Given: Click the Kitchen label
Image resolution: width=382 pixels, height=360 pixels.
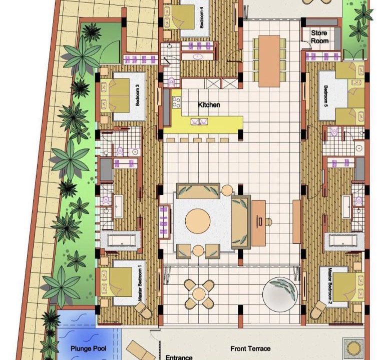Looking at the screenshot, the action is coord(209,105).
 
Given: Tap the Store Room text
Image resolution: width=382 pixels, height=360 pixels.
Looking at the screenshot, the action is coord(319,36).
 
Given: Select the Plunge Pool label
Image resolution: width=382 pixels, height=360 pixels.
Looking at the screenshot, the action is coord(88,349).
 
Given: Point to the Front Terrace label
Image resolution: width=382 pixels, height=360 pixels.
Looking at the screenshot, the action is coord(250,348).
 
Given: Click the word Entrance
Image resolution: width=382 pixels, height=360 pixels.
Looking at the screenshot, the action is coord(179,357).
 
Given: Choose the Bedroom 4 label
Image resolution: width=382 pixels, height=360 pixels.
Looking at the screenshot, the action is coord(201,17).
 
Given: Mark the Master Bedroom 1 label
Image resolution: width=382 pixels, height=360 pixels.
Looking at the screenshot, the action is coord(140,283).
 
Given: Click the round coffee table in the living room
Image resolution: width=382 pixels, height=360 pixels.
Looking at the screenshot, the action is coord(198,221).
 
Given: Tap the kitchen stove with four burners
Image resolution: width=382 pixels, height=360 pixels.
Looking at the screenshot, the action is coord(177,102).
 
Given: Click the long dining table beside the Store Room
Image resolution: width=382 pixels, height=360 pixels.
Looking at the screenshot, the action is coord(269,61).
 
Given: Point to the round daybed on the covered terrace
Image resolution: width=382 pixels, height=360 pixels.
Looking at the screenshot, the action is coord(280,294).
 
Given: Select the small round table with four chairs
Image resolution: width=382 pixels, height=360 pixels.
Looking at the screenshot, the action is coord(199,294).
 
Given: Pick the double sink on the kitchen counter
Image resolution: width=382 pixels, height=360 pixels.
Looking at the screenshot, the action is coord(199,121).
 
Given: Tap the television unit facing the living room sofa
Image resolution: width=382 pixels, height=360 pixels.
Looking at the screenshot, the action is coord(258,223).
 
